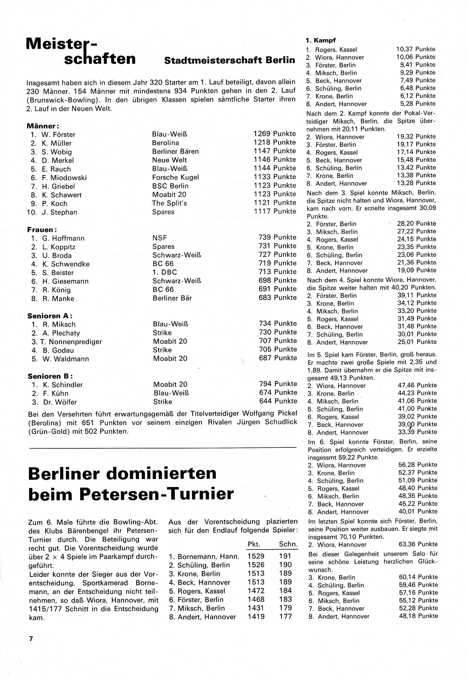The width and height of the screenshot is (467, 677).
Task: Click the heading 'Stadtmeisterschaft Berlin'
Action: tap(229, 60)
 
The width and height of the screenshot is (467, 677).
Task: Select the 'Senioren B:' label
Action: tap(50, 376)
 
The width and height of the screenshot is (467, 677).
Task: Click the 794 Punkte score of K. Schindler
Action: tap(278, 384)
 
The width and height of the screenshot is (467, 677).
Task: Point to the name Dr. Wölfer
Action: tap(60, 402)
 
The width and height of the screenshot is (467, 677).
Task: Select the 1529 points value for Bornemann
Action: tap(256, 556)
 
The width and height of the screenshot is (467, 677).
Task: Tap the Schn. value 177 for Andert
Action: tap(285, 617)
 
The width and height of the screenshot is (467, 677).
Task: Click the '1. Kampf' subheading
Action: tap(320, 40)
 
